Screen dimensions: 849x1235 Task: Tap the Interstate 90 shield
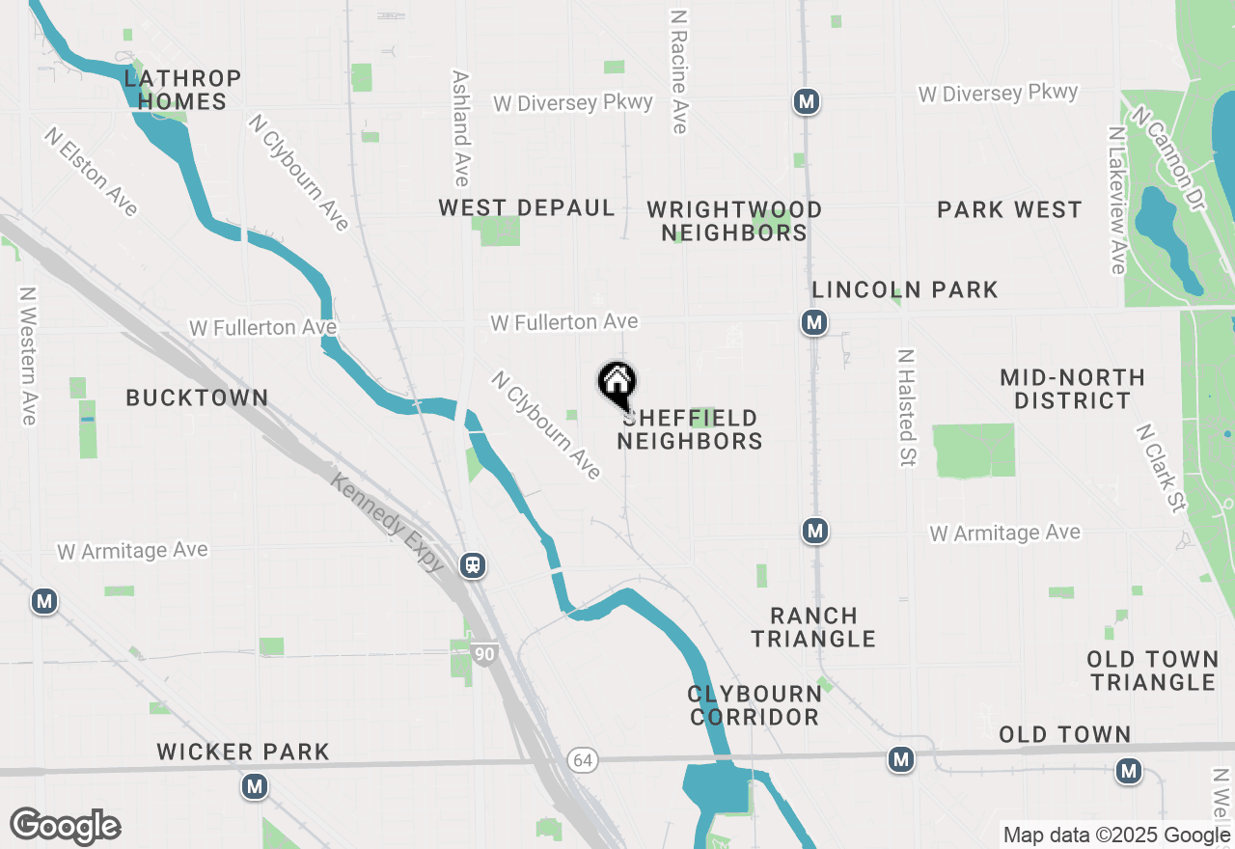point(485,655)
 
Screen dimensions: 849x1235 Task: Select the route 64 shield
point(582,760)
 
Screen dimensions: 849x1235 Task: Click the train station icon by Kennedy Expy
point(473,564)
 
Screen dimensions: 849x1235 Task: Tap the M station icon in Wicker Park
point(255,787)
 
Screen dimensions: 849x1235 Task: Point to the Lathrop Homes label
point(181,90)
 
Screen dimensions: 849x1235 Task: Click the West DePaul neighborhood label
point(527,208)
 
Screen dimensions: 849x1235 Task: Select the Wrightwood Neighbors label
point(734,221)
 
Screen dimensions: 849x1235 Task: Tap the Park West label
point(1009,210)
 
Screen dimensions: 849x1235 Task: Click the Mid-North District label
point(1072,389)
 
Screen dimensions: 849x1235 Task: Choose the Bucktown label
point(197,398)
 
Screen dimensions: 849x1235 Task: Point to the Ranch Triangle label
point(813,627)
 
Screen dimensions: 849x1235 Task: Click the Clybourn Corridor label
point(755,705)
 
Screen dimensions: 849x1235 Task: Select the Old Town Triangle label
point(1152,671)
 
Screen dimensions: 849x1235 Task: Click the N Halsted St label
point(906,408)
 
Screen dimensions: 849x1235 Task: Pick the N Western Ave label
point(28,356)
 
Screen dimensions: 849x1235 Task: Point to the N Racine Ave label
point(678,72)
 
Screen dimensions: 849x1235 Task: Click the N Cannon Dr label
point(1169,159)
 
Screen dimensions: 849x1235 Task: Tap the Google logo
point(65,827)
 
